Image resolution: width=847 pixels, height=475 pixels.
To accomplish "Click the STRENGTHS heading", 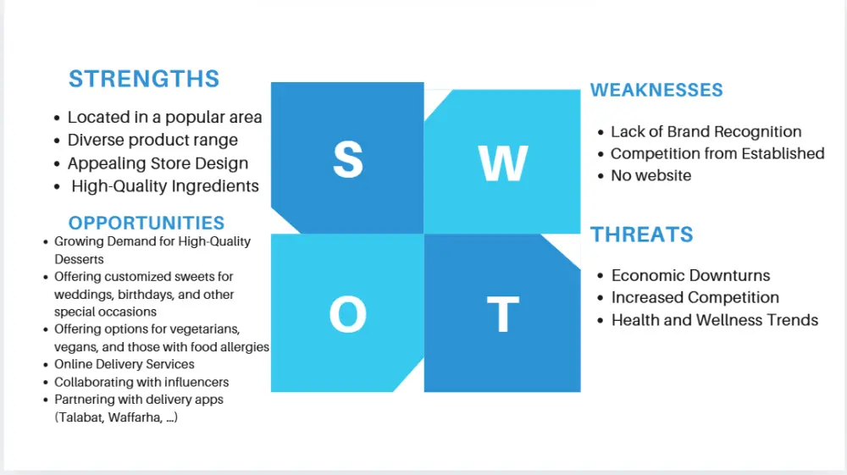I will pyautogui.click(x=144, y=79).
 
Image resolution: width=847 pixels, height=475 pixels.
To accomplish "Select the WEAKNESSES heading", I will pyautogui.click(x=656, y=90).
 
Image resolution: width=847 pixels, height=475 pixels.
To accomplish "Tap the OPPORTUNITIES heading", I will pyautogui.click(x=147, y=223).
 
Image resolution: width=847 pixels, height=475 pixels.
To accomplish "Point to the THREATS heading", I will pyautogui.click(x=641, y=235).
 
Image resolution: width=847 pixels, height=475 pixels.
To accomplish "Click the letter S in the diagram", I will pyautogui.click(x=347, y=158).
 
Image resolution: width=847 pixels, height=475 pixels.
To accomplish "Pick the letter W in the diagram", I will pyautogui.click(x=502, y=163).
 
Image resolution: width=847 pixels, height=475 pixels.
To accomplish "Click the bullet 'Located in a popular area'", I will pyautogui.click(x=164, y=118).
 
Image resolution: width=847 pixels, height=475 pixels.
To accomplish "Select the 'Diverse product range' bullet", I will pyautogui.click(x=152, y=141).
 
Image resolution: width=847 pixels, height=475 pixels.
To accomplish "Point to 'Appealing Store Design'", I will pyautogui.click(x=158, y=163).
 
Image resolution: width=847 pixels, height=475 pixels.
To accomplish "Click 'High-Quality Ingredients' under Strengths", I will pyautogui.click(x=165, y=186).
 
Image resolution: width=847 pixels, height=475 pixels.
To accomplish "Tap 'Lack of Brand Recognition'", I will pyautogui.click(x=706, y=132).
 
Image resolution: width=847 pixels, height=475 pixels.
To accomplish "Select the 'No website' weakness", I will pyautogui.click(x=650, y=176).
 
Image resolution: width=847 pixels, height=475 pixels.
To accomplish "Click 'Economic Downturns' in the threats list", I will pyautogui.click(x=690, y=276).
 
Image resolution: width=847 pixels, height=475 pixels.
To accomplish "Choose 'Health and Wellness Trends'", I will pyautogui.click(x=714, y=320).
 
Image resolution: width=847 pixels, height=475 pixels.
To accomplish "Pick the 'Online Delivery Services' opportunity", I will pyautogui.click(x=125, y=364).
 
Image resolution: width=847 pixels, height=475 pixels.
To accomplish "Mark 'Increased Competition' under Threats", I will pyautogui.click(x=695, y=298).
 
